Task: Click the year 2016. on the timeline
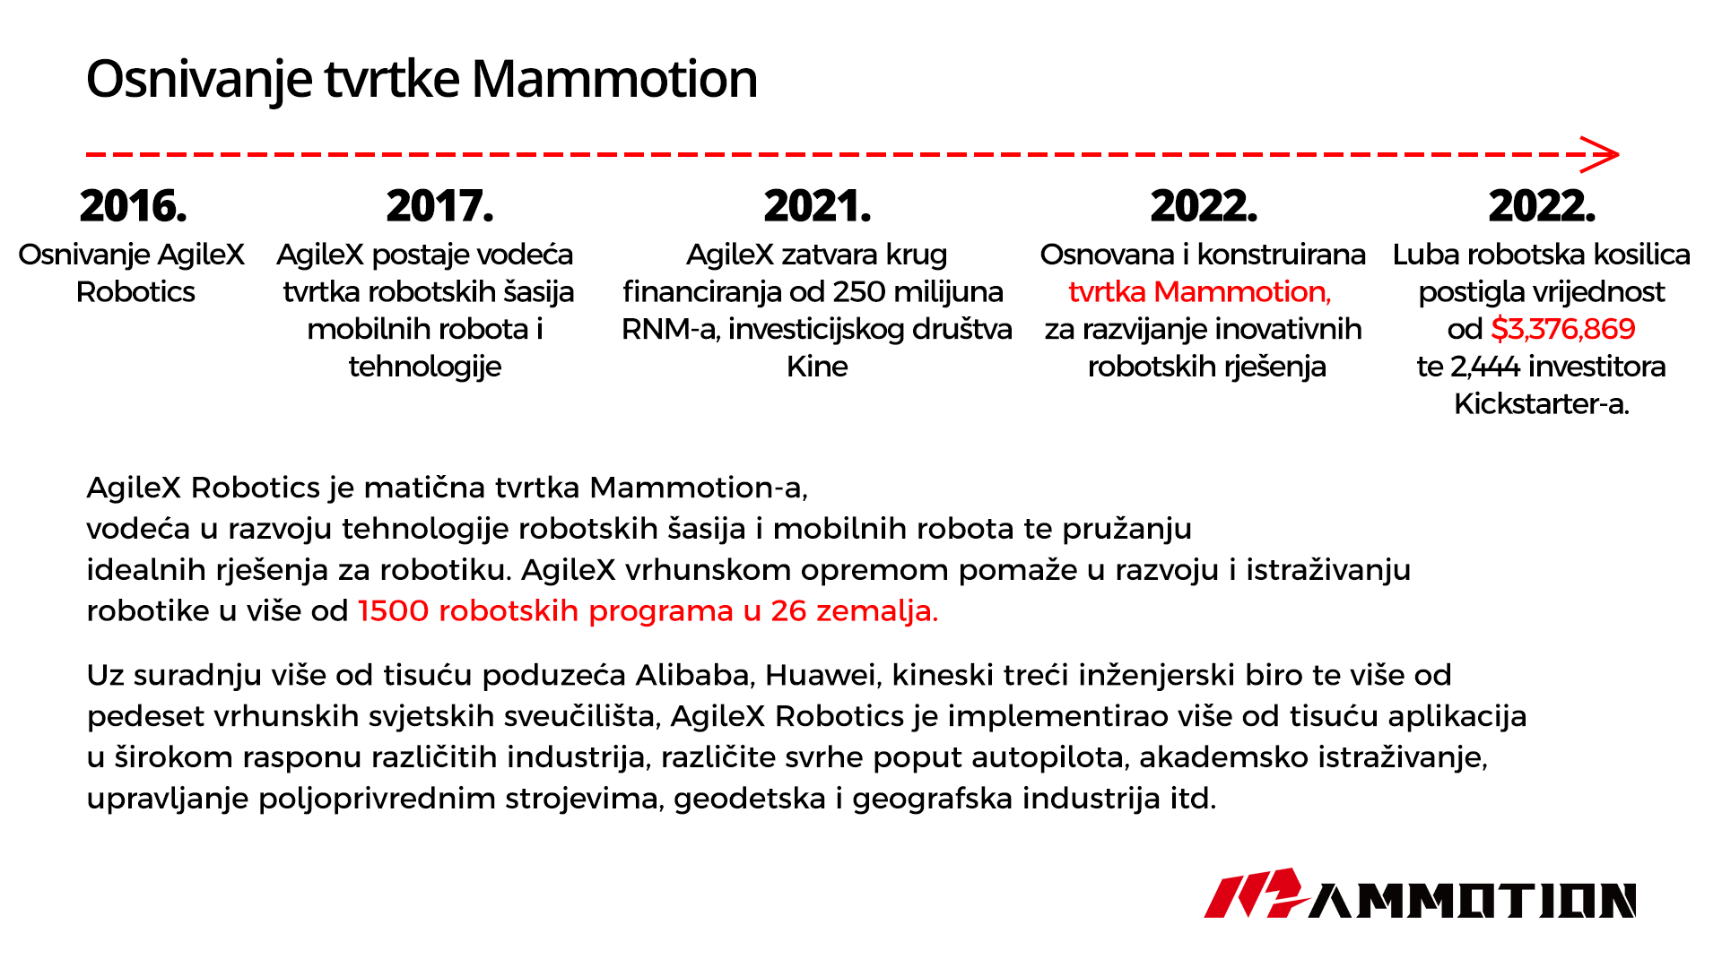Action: [x=133, y=206]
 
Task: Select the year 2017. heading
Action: [x=439, y=206]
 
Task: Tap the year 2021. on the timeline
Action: [x=817, y=206]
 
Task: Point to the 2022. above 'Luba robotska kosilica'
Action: [x=1542, y=206]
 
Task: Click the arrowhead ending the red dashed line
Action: [x=1600, y=154]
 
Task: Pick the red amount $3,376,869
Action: [x=1563, y=329]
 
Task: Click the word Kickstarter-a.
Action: [x=1541, y=404]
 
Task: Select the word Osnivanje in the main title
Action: [x=200, y=79]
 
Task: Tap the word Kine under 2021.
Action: [x=817, y=367]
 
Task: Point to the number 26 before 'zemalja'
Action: [x=788, y=611]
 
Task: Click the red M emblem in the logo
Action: [x=1256, y=893]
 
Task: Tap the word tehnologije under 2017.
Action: [x=425, y=367]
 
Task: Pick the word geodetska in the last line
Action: [x=750, y=799]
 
